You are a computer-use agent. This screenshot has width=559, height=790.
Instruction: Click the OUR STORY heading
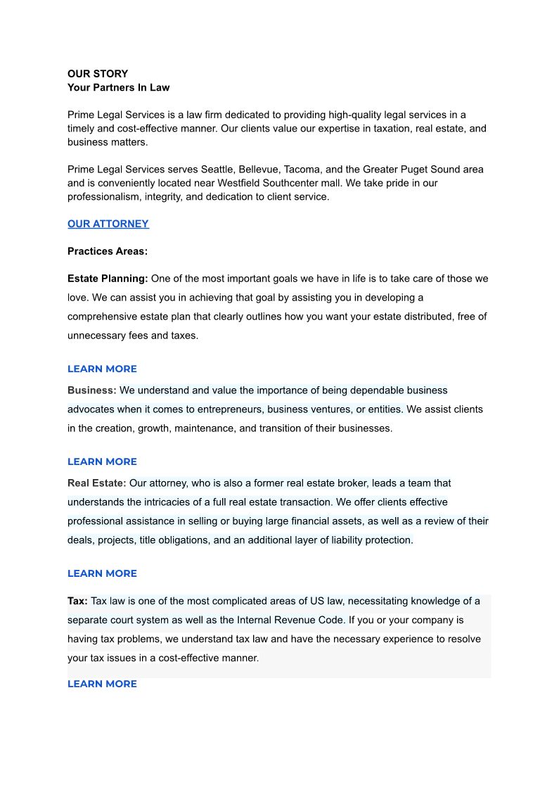pos(98,74)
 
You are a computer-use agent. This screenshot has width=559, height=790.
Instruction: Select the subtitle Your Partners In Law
pos(118,88)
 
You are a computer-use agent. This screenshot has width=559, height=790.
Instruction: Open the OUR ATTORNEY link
pos(108,224)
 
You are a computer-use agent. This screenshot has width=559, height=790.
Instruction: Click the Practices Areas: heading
pos(108,251)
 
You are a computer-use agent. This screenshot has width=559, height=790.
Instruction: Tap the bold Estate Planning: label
pos(108,279)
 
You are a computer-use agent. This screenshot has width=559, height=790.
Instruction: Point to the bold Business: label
pos(92,390)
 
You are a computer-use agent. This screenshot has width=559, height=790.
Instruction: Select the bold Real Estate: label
pos(97,483)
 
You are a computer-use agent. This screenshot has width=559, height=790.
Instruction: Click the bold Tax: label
pos(77,601)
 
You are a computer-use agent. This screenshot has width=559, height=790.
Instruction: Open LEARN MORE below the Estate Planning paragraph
pos(102,369)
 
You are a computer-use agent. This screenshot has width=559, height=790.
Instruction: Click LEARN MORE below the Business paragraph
pos(102,461)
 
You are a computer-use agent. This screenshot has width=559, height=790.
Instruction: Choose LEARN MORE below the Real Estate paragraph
pos(102,573)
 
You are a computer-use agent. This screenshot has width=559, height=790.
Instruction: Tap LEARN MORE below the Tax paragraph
pos(102,684)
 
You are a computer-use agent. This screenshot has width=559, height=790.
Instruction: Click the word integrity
pos(158,197)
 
